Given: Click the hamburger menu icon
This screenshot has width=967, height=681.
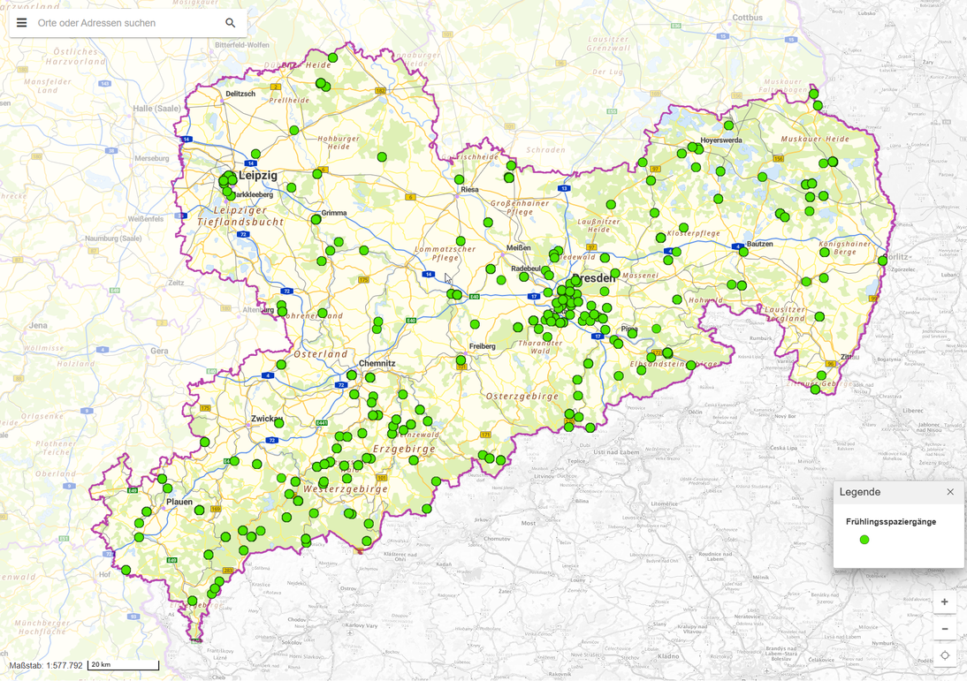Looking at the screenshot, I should point(22,23).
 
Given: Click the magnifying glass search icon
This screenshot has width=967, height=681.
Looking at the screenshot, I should point(230,23).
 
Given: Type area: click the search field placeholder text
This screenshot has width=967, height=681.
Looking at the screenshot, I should point(97,23).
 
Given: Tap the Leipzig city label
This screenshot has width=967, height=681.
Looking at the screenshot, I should point(258,176).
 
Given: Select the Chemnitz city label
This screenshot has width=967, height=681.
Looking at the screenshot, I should point(377,364).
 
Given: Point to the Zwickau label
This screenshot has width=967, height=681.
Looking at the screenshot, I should point(266,418).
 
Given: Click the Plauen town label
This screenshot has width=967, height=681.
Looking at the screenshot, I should point(179,502).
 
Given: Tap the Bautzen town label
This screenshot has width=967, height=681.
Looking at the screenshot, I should point(759,244).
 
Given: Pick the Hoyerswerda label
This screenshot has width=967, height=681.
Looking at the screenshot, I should point(721,140).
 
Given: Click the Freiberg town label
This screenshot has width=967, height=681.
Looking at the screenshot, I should point(483,346).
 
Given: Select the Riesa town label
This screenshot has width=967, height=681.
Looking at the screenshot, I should point(469,189).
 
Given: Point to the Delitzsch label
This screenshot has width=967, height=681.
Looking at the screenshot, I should point(240,94).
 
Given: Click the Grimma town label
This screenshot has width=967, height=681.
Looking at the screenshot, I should point(334,213).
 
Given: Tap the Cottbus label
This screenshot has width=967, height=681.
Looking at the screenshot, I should point(747,17).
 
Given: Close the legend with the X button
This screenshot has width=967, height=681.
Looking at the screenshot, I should point(950,492).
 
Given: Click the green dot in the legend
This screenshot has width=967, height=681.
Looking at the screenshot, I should point(864,540).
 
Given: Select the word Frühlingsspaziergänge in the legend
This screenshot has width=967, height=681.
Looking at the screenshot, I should point(890,522).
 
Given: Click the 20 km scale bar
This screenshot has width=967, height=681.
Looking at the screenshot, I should point(123,665).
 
